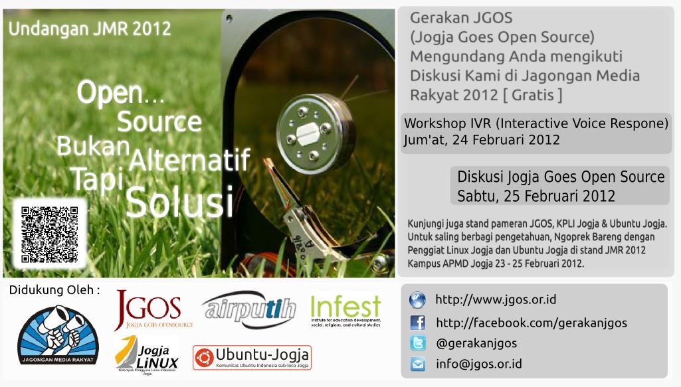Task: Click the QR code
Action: [x=50, y=234]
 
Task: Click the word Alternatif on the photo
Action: [x=190, y=160]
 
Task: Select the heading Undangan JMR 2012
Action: [x=90, y=29]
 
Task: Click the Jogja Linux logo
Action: [x=147, y=354]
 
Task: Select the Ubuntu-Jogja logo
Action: [x=252, y=358]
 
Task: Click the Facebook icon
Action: [x=417, y=323]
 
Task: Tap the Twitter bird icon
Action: [x=417, y=343]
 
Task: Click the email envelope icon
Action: [x=417, y=364]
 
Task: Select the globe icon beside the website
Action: [x=417, y=300]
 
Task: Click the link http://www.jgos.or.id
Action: [x=496, y=300]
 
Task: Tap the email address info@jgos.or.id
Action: [x=478, y=364]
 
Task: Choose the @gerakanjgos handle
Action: [x=476, y=343]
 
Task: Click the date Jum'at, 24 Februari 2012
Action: [x=482, y=140]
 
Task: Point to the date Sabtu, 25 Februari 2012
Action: [x=536, y=196]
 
